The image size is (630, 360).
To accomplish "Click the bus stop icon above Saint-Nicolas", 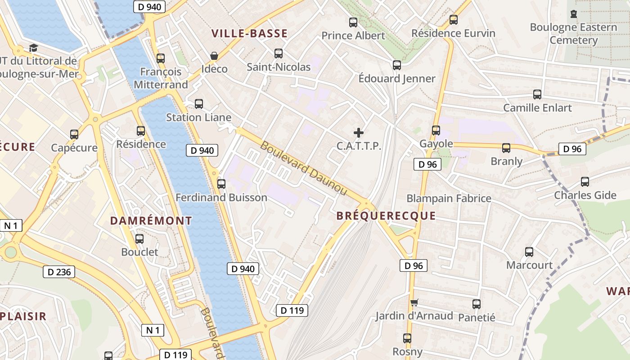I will pos(279,54).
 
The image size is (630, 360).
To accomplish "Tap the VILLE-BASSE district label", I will pos(249,33).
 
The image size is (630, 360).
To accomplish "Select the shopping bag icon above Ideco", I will pos(214,56).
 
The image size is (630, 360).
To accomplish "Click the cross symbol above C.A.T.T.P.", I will pos(359,133).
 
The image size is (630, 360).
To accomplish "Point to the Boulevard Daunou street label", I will pos(304,169).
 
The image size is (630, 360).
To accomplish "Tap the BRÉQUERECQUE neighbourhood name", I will pos(386,216).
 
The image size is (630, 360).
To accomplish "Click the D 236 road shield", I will pos(59,272).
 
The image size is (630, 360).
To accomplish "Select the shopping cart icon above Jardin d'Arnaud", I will pos(414,303).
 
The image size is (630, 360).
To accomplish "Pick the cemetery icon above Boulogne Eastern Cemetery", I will pos(573,14).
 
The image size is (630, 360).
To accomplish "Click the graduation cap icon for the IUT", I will pos(33,48).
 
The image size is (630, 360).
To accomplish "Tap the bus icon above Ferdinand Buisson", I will pos(221,184).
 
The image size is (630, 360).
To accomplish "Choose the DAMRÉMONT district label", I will pos(151,221).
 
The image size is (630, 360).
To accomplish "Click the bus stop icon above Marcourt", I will pos(529,252).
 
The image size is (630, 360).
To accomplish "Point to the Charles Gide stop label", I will pos(585,195).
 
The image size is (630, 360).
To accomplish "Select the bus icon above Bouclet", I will pos(139,239).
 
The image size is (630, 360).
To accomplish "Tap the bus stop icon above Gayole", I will pos(436,130).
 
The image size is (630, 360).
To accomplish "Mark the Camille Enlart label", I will pos(537,108).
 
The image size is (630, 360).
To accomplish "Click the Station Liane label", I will pos(198,117).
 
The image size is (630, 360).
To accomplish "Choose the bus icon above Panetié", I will pos(477,304).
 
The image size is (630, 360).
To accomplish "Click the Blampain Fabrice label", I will pos(449,198).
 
